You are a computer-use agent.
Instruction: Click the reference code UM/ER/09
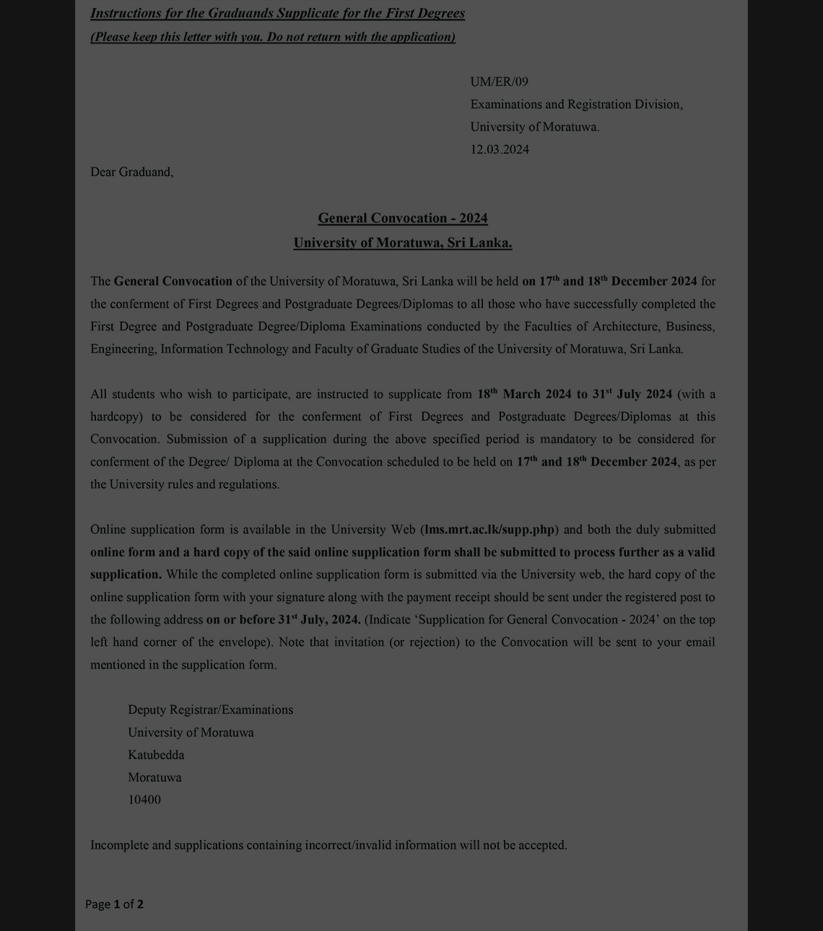(x=499, y=82)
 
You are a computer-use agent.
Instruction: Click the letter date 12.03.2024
(x=500, y=149)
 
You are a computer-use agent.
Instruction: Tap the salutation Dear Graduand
(x=131, y=172)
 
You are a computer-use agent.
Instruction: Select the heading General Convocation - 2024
(x=403, y=218)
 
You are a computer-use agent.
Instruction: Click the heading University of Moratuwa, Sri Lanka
(x=403, y=242)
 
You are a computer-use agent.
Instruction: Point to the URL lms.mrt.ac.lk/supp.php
(x=490, y=530)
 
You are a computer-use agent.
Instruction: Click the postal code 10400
(x=144, y=800)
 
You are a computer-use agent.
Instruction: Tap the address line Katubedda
(x=156, y=755)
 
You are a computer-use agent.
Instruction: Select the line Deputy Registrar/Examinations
(x=210, y=709)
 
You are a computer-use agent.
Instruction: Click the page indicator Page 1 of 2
(x=114, y=904)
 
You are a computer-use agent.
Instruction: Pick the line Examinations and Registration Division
(x=576, y=104)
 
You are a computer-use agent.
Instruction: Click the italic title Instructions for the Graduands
(x=277, y=13)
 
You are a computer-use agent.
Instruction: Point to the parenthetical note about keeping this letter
(x=273, y=37)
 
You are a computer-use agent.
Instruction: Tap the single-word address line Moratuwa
(x=154, y=777)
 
